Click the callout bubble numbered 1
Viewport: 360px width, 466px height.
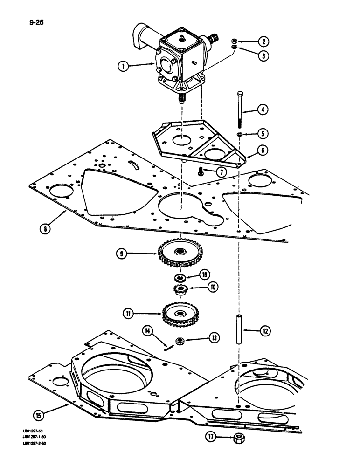tap(124, 66)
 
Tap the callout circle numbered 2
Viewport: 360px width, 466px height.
tap(264, 41)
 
